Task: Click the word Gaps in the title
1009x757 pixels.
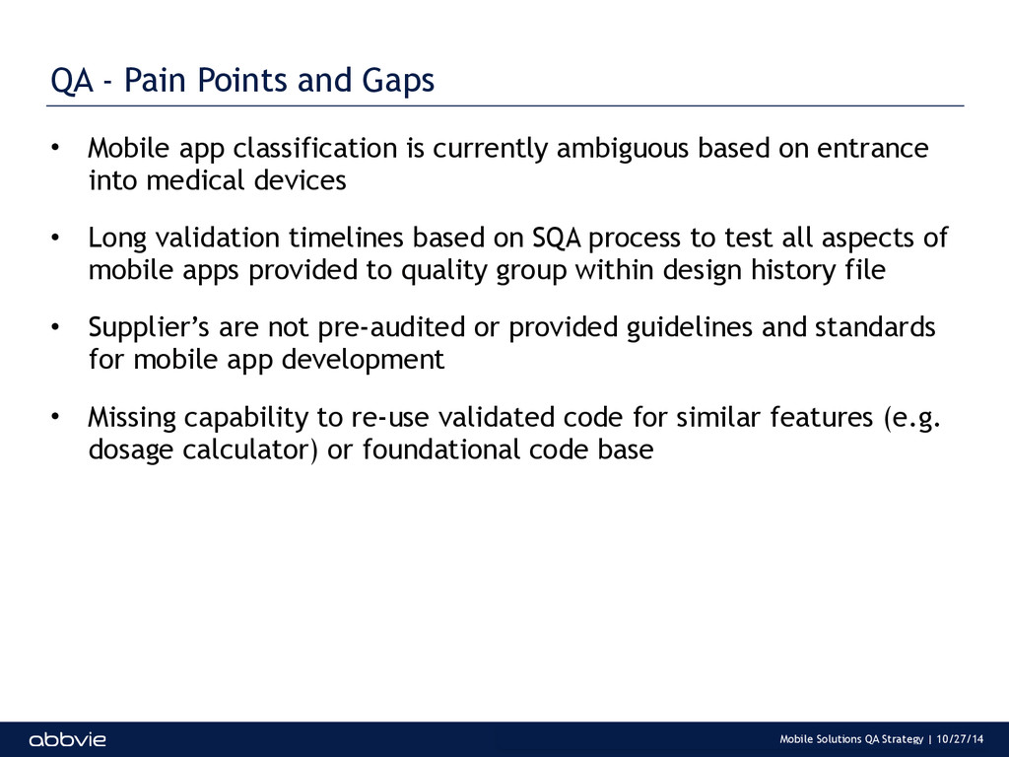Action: (398, 81)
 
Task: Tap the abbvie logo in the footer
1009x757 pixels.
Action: (68, 739)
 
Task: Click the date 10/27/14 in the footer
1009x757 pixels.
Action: (960, 739)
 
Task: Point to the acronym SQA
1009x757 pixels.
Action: (558, 239)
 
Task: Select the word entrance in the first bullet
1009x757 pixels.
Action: (873, 149)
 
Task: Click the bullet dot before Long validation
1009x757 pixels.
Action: (55, 238)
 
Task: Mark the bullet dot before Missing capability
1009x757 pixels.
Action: (55, 417)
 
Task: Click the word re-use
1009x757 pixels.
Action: (390, 418)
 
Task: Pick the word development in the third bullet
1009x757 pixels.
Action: (363, 360)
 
